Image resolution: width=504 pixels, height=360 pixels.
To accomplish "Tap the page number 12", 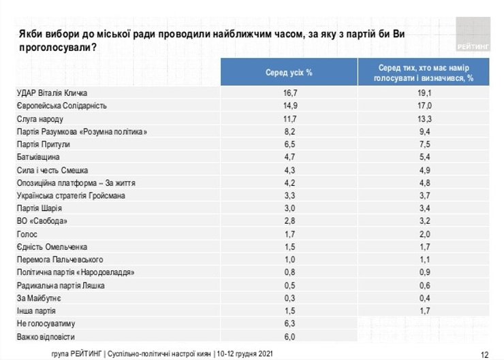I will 485,354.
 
